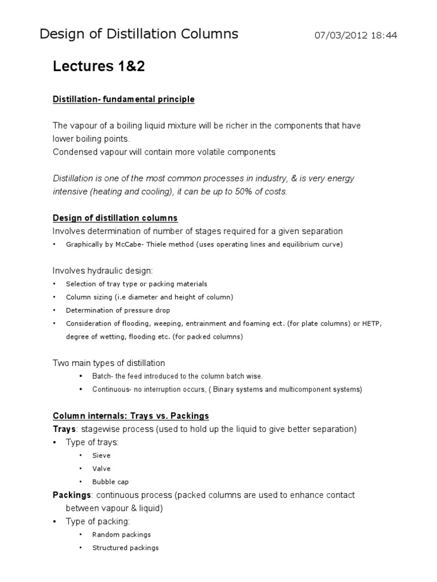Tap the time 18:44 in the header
point(384,36)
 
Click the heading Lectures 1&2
point(99,67)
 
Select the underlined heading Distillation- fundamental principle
point(123,99)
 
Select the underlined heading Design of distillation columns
point(115,218)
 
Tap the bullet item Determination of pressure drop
point(118,310)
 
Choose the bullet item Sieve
point(101,455)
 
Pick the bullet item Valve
point(101,469)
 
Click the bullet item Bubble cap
point(110,482)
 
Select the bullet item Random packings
point(122,535)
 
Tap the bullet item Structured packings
point(125,548)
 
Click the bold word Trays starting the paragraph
point(64,429)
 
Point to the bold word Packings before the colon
point(71,495)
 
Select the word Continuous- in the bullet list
point(113,389)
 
